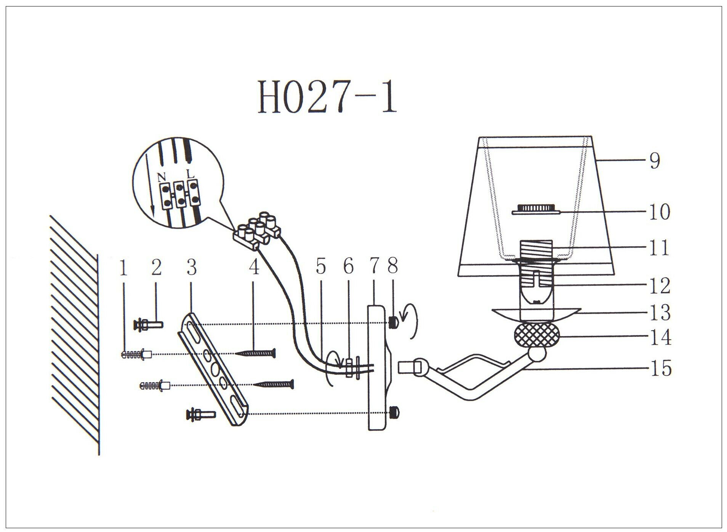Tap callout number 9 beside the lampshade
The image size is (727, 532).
[654, 161]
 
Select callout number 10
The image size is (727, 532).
[660, 212]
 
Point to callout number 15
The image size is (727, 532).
[660, 368]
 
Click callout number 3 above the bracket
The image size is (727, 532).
[192, 268]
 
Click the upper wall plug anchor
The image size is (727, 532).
[136, 355]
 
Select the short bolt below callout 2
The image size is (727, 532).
[148, 325]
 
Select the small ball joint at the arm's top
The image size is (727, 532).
[538, 354]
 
